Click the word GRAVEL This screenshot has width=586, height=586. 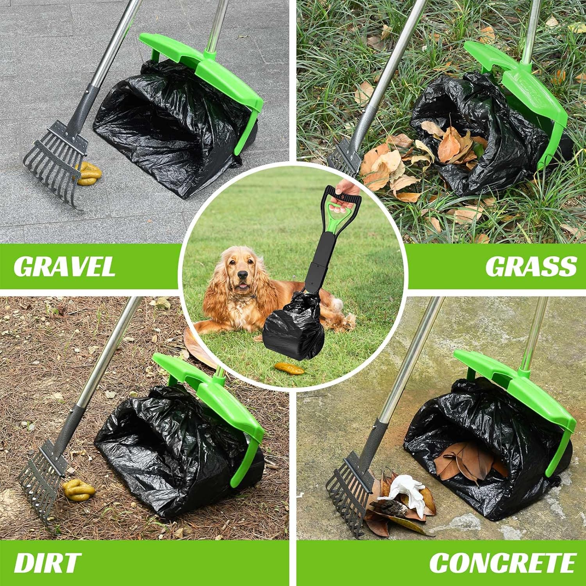pyautogui.click(x=64, y=266)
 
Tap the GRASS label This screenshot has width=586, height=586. pyautogui.click(x=531, y=266)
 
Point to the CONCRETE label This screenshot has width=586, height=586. pyautogui.click(x=503, y=563)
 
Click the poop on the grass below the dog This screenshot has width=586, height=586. pyautogui.click(x=289, y=368)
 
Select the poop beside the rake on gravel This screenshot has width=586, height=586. pyautogui.click(x=89, y=174)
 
